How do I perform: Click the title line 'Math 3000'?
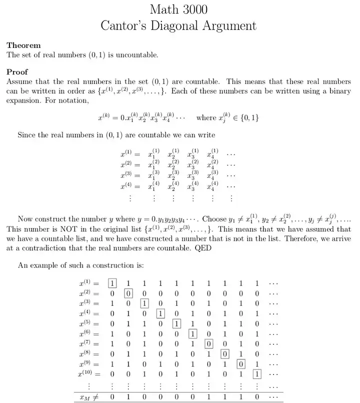179,9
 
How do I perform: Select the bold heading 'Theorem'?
23,45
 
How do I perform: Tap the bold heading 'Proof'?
17,71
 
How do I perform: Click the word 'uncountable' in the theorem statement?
136,54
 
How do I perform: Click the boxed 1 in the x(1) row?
112,283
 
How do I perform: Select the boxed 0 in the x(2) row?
128,293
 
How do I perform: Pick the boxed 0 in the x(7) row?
209,343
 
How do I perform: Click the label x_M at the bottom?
85,396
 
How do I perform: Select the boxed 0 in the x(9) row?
241,363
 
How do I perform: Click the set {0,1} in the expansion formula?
247,117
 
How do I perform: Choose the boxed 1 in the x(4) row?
160,313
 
